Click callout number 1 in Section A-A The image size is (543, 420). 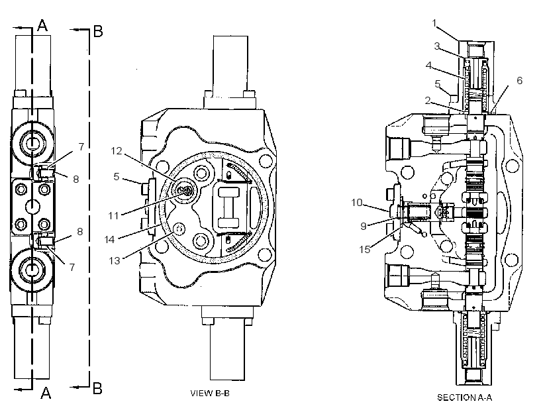[x=434, y=23]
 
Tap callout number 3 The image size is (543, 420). [x=437, y=46]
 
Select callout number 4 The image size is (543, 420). [x=428, y=65]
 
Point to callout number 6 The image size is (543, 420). [x=519, y=80]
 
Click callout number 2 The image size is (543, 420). [x=428, y=101]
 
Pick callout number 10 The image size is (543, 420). [x=356, y=202]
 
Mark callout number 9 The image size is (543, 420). [x=364, y=226]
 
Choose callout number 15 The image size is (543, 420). [x=365, y=249]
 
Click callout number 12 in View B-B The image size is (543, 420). [x=117, y=151]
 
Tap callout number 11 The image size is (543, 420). [x=114, y=215]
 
